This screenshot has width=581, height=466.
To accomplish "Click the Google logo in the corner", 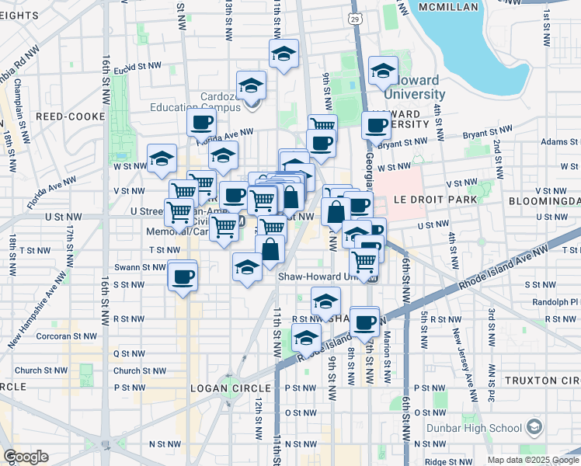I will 26,457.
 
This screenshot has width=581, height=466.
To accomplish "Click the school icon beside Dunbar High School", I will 534,426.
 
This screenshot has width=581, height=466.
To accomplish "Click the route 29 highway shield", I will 355,17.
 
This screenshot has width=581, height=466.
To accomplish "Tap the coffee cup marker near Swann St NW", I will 183,276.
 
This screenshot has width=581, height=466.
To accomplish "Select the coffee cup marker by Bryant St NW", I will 376,125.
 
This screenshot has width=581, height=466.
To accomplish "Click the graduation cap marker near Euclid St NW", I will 284,54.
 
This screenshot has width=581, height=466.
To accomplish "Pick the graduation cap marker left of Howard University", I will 383,71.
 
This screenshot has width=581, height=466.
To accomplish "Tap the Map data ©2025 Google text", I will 533,460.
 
